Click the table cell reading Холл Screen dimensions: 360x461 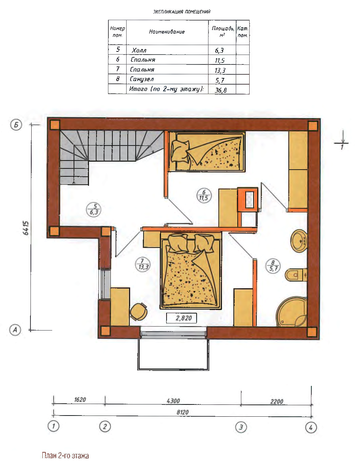[x=139, y=50]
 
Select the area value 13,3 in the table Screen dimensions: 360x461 [x=220, y=70]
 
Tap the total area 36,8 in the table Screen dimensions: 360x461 [x=221, y=90]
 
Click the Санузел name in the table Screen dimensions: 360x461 [x=142, y=79]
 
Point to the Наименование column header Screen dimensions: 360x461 [x=167, y=32]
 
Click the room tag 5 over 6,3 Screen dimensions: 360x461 [x=94, y=210]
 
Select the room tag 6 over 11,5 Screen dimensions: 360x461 [x=204, y=195]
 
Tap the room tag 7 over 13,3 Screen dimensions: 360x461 [x=143, y=264]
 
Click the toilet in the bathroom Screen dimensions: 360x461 [x=296, y=275]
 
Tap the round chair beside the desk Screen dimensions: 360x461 [x=138, y=312]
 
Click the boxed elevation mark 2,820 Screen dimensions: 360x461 [x=181, y=318]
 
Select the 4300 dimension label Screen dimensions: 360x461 [x=173, y=401]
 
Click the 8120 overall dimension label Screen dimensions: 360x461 [x=182, y=412]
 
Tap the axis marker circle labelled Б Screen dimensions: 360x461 [x=16, y=125]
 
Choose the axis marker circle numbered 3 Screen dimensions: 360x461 [x=241, y=427]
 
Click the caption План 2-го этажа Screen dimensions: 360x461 [x=65, y=455]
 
